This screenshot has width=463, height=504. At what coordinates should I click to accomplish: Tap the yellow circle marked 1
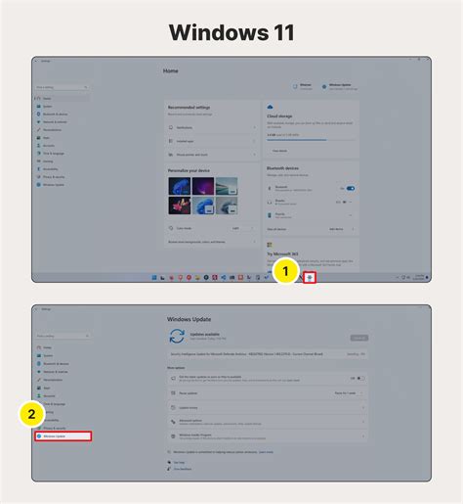pos(284,269)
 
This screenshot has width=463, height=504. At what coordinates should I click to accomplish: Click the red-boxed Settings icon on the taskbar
pos(310,278)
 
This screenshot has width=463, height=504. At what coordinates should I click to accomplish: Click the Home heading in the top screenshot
pos(172,71)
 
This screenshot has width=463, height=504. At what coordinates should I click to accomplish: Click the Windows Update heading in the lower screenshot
pos(195,316)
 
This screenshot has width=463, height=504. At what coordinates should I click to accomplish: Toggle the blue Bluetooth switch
pos(350,188)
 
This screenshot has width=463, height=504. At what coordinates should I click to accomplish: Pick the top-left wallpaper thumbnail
pos(178,186)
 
